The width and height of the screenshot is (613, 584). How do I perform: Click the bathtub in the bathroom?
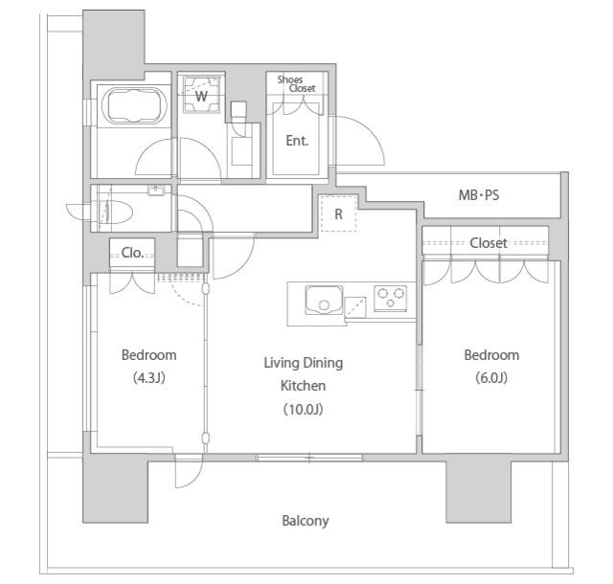134,105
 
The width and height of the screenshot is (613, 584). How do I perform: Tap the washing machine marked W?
202,95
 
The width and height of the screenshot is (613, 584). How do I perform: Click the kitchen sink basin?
324,300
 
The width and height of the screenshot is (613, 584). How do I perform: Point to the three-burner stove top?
390,299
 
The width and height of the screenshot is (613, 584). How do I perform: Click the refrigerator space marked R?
338,213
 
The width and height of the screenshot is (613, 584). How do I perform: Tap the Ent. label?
297,141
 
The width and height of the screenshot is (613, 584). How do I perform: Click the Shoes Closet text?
296,84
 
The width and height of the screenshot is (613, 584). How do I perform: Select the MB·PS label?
479,194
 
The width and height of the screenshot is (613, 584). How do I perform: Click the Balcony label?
306,521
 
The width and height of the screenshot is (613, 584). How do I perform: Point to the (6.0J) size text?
491,377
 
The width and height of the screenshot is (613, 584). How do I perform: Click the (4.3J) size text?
149,377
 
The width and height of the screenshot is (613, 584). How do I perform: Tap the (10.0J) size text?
304,409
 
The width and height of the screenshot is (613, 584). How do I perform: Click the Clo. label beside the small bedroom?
132,253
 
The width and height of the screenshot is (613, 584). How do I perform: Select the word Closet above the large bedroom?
488,243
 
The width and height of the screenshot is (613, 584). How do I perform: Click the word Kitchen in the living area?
304,386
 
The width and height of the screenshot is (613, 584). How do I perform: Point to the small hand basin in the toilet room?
156,191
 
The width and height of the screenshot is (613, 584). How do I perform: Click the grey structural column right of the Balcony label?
479,488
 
